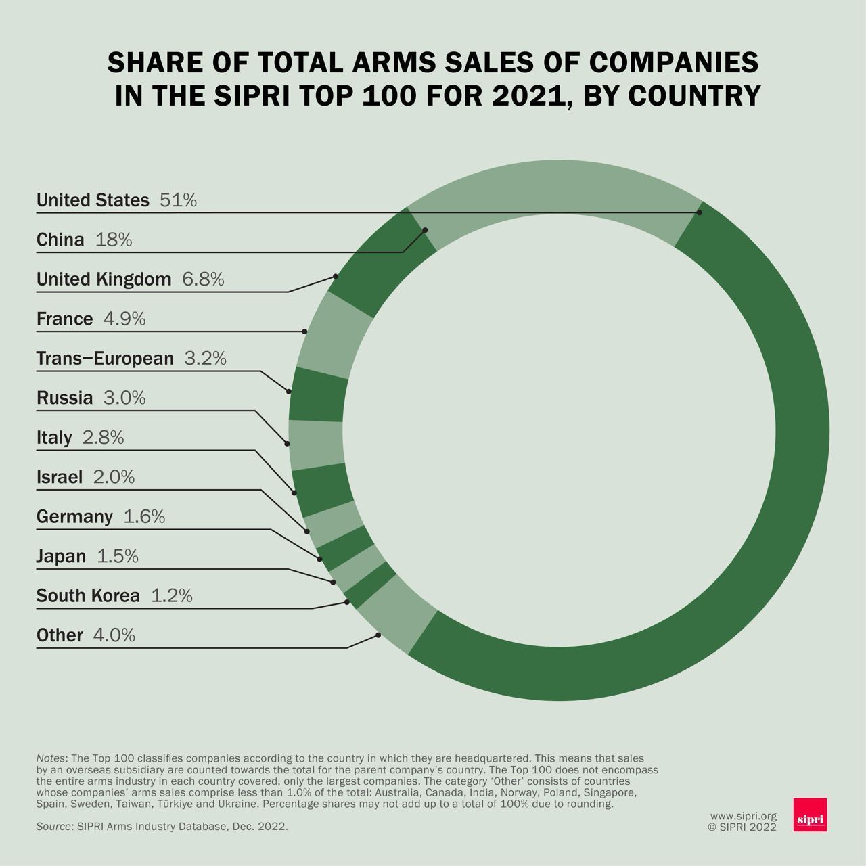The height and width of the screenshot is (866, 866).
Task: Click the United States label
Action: tap(93, 200)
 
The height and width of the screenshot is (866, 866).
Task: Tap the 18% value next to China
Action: tap(114, 240)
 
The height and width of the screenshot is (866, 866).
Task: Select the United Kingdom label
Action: tap(104, 279)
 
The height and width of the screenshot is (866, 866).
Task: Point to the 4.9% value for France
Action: tap(124, 319)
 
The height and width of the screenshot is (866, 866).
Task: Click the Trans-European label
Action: tap(105, 358)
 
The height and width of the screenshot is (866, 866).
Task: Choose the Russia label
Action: tap(64, 398)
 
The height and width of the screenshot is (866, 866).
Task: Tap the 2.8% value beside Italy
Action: tap(103, 437)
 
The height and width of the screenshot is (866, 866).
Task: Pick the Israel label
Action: tap(60, 477)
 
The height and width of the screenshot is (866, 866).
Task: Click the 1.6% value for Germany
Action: tap(144, 516)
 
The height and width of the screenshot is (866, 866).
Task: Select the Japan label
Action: tap(61, 556)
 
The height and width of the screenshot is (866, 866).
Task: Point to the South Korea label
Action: tap(88, 595)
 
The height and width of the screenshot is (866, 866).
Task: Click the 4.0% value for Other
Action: tap(114, 635)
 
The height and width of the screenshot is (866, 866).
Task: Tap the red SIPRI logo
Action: tap(810, 815)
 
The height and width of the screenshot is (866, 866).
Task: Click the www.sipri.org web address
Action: tap(743, 817)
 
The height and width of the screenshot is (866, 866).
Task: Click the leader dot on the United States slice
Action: tap(700, 212)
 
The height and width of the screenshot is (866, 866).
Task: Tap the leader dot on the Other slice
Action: tap(378, 635)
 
